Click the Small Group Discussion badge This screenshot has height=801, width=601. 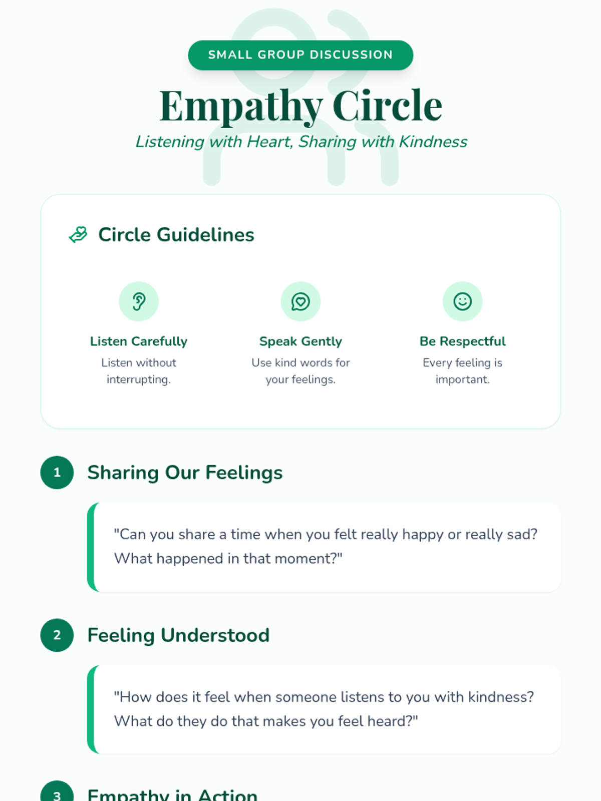(300, 55)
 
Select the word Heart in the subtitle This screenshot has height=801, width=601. (269, 142)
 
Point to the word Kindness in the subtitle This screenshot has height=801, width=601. (433, 142)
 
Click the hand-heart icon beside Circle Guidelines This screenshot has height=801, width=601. (78, 234)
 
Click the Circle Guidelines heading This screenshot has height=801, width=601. (176, 235)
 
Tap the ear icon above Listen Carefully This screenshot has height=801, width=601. (139, 301)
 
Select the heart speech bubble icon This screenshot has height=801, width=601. (300, 301)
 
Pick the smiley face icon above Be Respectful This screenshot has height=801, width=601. (462, 301)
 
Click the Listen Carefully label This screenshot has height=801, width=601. (139, 341)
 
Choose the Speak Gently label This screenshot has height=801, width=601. (300, 341)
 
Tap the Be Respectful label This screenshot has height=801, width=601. (462, 341)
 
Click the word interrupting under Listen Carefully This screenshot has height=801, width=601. (139, 379)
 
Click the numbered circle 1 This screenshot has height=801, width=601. (57, 472)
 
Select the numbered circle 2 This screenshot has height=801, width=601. (57, 635)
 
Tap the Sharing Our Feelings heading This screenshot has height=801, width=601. (185, 473)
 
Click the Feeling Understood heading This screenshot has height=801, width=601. (178, 635)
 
